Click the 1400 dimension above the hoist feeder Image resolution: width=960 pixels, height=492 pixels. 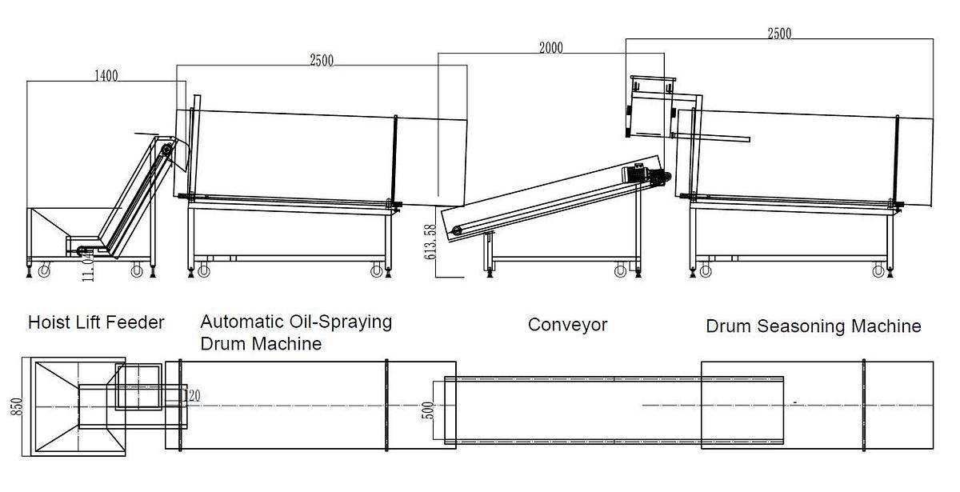click(106, 76)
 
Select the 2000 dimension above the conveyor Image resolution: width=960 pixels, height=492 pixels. click(550, 48)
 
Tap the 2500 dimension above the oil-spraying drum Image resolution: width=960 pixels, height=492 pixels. click(322, 60)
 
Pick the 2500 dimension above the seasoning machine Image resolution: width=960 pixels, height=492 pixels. click(779, 33)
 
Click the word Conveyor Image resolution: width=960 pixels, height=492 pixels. click(567, 325)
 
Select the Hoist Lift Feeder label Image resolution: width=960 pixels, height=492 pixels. click(96, 322)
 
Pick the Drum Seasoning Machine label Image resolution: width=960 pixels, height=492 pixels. click(813, 326)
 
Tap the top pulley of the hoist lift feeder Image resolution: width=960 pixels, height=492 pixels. click(166, 150)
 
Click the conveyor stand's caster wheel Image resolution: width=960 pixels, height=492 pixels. click(620, 271)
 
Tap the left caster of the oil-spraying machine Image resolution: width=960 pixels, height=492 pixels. click(202, 271)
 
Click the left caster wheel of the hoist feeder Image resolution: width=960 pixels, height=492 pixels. click(44, 272)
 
